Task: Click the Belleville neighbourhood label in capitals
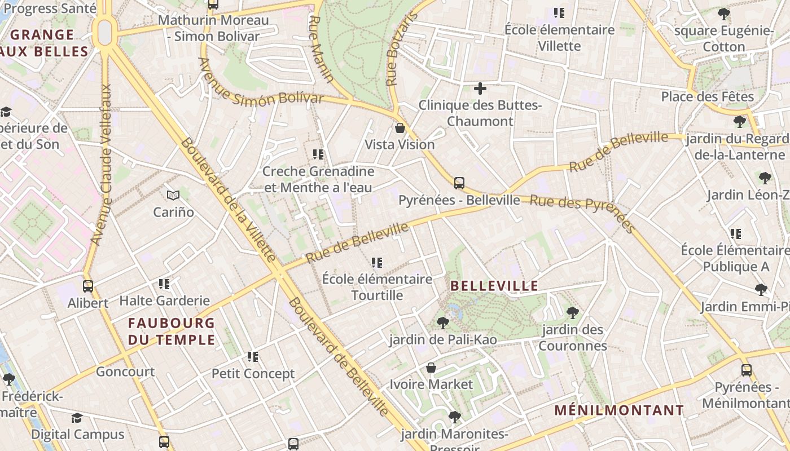click(494, 286)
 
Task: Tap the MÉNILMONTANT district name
click(619, 410)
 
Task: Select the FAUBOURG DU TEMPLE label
click(172, 331)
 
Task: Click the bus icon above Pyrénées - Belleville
click(459, 183)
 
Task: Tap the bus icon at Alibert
click(88, 286)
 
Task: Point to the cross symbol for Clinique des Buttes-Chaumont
click(480, 89)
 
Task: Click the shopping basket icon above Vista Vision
click(400, 128)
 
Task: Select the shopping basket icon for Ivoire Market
click(431, 368)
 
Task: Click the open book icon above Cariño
click(173, 195)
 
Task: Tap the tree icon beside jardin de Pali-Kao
click(443, 323)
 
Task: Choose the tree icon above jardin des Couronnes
click(573, 312)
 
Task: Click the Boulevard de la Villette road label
click(228, 200)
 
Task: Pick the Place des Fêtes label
click(708, 96)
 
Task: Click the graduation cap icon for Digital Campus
click(77, 418)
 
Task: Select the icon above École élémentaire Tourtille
click(377, 262)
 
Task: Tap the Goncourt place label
click(125, 372)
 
